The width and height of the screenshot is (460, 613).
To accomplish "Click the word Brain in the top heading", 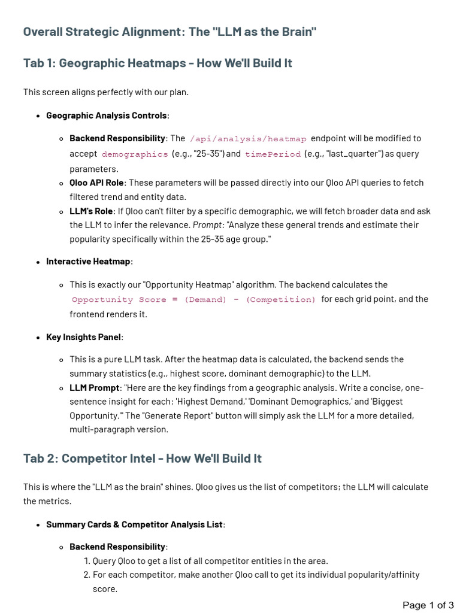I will point(297,32).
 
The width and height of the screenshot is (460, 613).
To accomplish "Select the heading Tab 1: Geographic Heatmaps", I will point(158,63).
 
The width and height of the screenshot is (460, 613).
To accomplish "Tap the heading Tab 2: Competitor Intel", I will point(142,459).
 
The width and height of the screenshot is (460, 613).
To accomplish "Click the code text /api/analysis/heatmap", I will point(248,139).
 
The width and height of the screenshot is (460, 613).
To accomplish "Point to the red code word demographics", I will point(135,154).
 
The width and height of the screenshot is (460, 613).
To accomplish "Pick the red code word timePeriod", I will point(273,154).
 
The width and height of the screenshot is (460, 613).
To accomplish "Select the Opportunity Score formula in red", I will point(193,299).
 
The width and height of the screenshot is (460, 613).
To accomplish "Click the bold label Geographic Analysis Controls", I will point(107,115).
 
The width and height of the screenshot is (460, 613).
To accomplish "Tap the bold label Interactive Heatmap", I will point(88,261).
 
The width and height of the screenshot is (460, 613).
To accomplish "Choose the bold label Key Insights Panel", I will point(83,337).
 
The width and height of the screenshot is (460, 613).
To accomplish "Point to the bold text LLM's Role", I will point(91,211).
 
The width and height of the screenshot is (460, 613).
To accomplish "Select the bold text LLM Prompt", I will point(95,388).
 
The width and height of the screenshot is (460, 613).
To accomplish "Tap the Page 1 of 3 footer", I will point(428,605).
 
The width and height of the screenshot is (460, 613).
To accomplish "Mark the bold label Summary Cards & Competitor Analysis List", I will point(135,524).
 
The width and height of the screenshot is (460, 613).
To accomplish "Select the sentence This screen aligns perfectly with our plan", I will point(105,92).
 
